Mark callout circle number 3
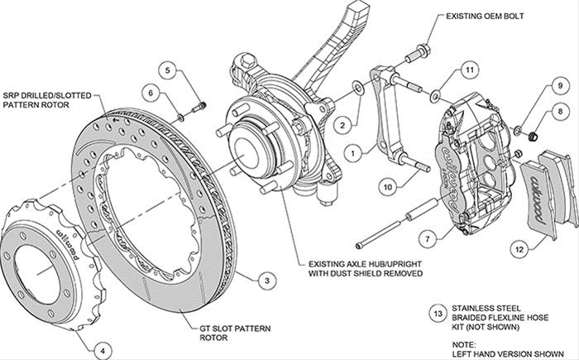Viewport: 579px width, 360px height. click(264, 281)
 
